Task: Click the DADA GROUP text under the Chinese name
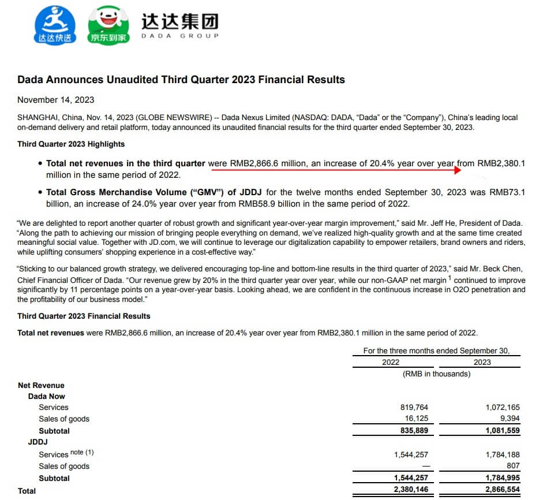pyautogui.click(x=180, y=36)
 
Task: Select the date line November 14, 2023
pyautogui.click(x=56, y=100)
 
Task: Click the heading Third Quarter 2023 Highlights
pyautogui.click(x=71, y=144)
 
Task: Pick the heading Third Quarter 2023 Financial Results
pyautogui.click(x=84, y=316)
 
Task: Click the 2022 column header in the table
pyautogui.click(x=391, y=362)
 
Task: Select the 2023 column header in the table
pyautogui.click(x=482, y=362)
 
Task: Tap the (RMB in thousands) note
pyautogui.click(x=436, y=374)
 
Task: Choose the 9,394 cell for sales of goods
pyautogui.click(x=508, y=419)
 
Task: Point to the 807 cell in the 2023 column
pyautogui.click(x=512, y=466)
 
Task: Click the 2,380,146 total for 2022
pyautogui.click(x=411, y=491)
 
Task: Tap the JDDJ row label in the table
pyautogui.click(x=38, y=442)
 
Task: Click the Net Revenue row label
pyautogui.click(x=41, y=385)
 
